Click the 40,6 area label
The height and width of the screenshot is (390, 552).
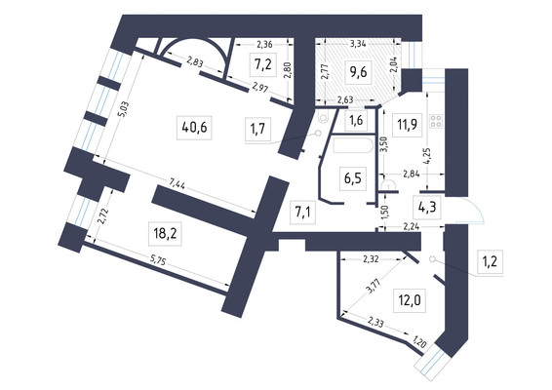(194, 128)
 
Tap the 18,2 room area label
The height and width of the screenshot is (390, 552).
(165, 233)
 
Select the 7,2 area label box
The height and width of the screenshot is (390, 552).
(263, 64)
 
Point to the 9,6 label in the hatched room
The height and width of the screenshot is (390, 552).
(358, 72)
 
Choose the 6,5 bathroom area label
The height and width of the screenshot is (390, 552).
(353, 178)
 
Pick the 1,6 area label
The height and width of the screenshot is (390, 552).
(356, 120)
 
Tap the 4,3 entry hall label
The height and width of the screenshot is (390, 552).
(427, 207)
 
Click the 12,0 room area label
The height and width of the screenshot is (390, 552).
(409, 300)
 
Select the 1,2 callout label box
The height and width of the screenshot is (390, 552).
(490, 261)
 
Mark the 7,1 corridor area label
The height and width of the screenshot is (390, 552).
(302, 213)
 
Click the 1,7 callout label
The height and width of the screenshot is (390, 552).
(258, 129)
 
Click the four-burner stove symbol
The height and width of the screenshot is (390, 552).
(436, 121)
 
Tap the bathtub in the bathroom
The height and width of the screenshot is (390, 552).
(352, 145)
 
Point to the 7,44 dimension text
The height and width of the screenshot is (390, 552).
(177, 183)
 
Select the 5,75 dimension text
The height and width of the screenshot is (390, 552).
(157, 261)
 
